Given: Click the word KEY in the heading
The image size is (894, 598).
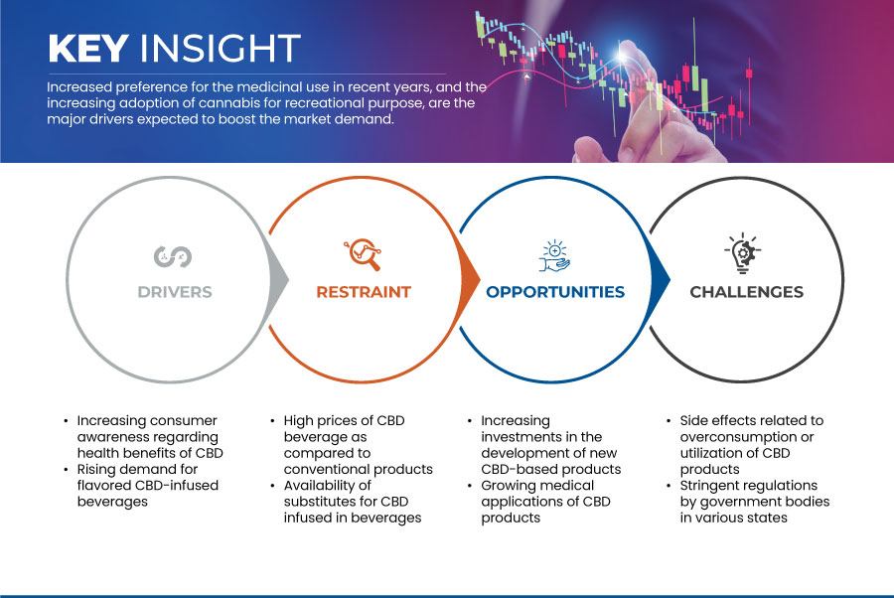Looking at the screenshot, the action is coord(88,48).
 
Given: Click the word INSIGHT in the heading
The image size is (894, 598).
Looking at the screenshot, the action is coord(221,48).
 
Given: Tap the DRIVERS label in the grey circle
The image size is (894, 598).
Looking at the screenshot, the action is coord(175,292).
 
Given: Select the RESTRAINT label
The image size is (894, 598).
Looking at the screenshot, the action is coord(364,292).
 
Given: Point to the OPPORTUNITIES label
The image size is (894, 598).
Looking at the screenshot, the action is coord(555,292).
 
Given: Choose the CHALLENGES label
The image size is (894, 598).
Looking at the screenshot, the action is coord(746,292).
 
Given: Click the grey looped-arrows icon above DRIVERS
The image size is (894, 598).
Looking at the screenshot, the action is coord(173,256).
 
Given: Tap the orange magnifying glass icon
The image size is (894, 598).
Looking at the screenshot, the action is coord(363,254).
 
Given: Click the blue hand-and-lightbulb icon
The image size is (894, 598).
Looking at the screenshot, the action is coord(554,256).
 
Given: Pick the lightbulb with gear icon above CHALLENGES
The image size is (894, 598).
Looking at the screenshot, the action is coord(742,253).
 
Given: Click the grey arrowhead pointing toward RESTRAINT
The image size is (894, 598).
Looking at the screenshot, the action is coord(278,279).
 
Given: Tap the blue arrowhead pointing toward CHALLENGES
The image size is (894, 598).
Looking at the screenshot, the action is coord(661,279).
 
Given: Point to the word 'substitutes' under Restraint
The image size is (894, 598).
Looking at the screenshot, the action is coord(323,502).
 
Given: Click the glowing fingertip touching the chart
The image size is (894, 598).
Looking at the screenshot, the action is coord(624,56).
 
